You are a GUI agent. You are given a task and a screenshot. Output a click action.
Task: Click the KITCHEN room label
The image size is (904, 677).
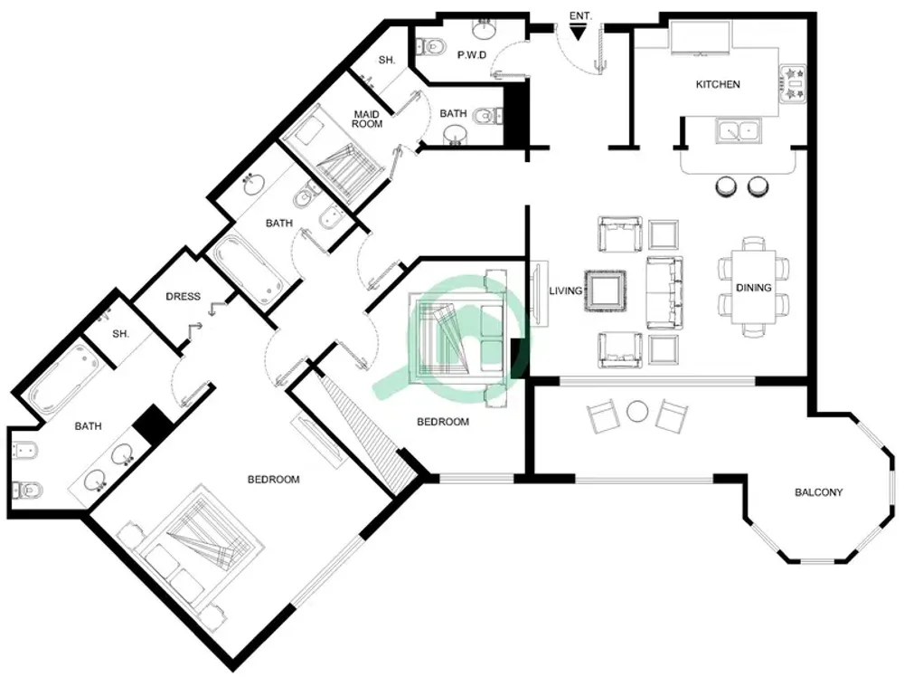(x=717, y=84)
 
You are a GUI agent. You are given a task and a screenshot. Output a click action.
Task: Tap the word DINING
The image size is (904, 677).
(x=753, y=288)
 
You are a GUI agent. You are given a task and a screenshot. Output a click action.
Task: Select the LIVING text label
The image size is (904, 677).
(x=566, y=291)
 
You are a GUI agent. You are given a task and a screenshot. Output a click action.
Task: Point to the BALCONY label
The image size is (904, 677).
(x=818, y=492)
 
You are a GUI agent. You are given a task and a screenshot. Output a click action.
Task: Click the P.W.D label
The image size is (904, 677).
(x=472, y=55)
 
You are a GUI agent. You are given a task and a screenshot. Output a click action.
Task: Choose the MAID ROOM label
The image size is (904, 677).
(x=367, y=118)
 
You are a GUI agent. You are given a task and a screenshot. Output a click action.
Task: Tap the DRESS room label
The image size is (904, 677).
(x=183, y=296)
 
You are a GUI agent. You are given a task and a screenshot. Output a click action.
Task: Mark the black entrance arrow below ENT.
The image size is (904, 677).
(x=579, y=33)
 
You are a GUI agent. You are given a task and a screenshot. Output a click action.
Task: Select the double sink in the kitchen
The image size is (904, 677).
(x=740, y=131)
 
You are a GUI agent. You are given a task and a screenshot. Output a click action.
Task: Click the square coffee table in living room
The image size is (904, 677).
(x=604, y=291)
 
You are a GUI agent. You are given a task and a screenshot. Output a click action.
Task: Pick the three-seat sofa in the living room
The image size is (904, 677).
(x=664, y=291)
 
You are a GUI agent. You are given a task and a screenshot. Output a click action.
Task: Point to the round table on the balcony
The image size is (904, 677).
(x=638, y=412)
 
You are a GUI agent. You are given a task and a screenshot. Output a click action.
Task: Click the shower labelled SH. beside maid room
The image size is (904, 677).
(x=386, y=62)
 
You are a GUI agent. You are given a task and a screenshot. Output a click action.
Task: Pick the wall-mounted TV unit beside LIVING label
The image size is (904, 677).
(x=539, y=293)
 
